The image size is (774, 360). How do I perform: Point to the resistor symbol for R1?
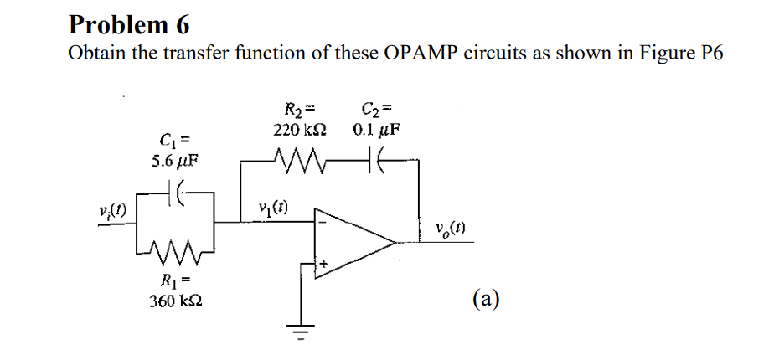coord(176,248)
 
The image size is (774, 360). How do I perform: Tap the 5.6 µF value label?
coord(175,159)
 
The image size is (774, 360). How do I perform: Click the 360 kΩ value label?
coord(176,300)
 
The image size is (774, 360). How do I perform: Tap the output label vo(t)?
coord(451,227)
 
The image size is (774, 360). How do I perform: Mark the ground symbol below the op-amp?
coord(300,330)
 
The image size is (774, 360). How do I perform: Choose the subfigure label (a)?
coord(486,299)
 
